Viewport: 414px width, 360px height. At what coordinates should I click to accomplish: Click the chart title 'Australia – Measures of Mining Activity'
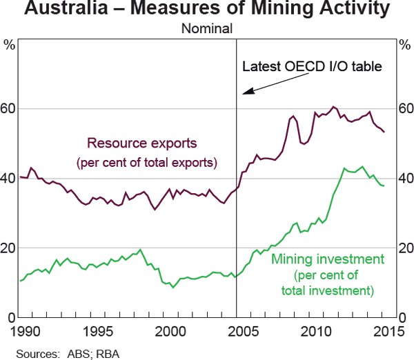207,10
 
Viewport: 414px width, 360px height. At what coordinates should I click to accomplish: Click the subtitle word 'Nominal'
207,29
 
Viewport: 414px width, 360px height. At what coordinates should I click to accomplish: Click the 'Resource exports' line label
141,144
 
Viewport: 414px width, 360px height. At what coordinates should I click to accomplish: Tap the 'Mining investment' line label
327,260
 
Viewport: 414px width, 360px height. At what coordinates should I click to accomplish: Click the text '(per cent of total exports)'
146,163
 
